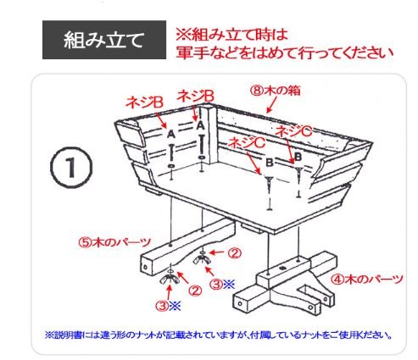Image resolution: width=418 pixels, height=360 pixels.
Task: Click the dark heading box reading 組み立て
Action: tap(104, 40)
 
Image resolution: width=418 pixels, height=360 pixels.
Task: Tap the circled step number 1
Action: tap(71, 167)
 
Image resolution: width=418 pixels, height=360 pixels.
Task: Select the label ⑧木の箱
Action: tap(276, 91)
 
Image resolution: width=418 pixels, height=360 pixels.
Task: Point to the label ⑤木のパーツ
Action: tap(114, 242)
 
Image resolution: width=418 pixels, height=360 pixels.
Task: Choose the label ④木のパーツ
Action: tap(366, 280)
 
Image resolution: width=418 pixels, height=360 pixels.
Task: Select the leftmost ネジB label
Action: tap(144, 102)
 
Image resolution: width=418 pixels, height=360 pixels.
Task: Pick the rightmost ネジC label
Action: tap(293, 131)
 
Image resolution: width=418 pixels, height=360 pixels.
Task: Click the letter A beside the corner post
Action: tap(200, 125)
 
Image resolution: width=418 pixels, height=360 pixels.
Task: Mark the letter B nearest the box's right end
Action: tap(298, 157)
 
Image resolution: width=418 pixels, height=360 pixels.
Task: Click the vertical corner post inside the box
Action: tap(212, 136)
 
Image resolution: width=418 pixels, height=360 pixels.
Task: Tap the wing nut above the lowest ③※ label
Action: tap(170, 280)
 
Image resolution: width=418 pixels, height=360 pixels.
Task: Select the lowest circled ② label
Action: tap(195, 291)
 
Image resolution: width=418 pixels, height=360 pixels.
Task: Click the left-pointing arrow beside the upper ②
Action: tap(218, 252)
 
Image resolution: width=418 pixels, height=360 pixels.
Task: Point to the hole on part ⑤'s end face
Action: tap(145, 267)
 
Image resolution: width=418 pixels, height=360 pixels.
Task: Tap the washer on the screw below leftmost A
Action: tap(171, 166)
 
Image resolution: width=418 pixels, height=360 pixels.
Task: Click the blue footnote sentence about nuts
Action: tap(219, 335)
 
